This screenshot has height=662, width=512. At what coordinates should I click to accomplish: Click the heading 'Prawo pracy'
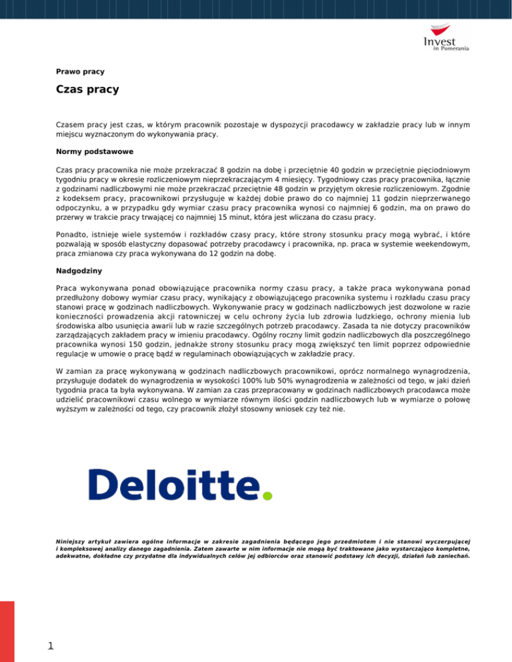[80, 71]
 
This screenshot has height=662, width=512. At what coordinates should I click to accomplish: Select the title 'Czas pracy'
[87, 89]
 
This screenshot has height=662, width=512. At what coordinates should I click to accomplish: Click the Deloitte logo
[179, 484]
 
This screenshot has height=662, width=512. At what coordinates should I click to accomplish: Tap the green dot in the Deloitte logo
[267, 496]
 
